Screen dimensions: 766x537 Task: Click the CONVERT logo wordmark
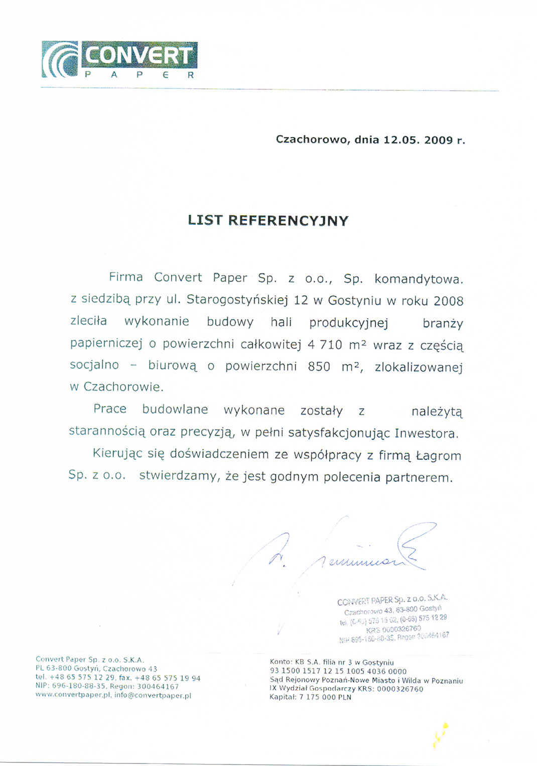tap(139, 55)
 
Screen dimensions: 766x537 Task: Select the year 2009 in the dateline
tap(439, 140)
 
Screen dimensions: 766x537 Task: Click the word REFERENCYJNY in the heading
tap(288, 221)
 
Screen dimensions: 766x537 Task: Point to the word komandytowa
tap(419, 279)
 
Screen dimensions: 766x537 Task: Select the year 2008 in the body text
tap(448, 301)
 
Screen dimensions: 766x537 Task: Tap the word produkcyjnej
tap(349, 323)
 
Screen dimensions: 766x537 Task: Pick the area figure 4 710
tap(325, 345)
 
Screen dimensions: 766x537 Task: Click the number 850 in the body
tap(319, 367)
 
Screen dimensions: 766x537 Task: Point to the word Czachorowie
tap(123, 387)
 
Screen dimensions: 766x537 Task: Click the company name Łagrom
tap(440, 456)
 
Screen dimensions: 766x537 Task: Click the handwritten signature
tap(351, 552)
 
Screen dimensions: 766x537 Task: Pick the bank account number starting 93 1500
tap(338, 671)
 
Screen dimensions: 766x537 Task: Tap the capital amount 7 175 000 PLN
tap(325, 697)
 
